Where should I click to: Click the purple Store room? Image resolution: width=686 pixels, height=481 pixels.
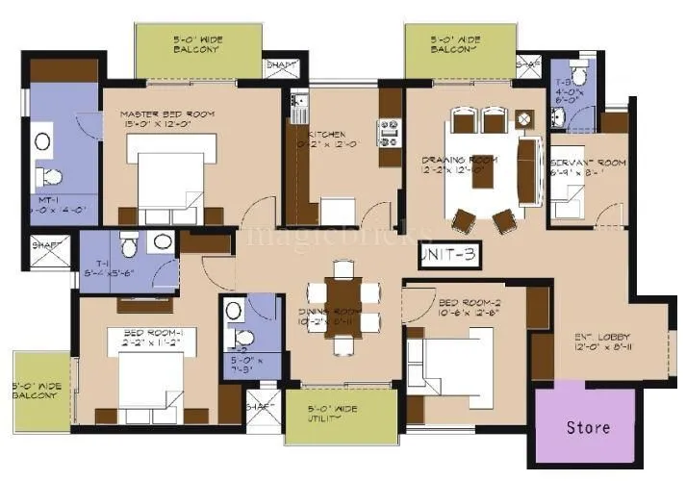[586, 425]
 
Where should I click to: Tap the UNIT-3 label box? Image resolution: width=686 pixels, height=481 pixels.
[448, 256]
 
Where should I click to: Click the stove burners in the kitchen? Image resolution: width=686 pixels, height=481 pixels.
[390, 132]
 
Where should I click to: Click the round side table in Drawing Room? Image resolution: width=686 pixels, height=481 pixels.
[523, 119]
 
